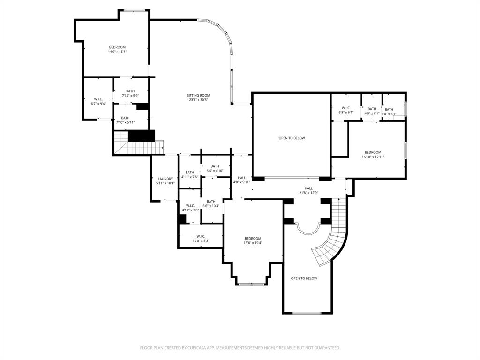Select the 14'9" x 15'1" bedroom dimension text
tap(117, 52)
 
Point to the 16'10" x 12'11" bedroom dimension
tap(373, 157)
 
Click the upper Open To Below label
tap(292, 138)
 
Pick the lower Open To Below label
tap(304, 278)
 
